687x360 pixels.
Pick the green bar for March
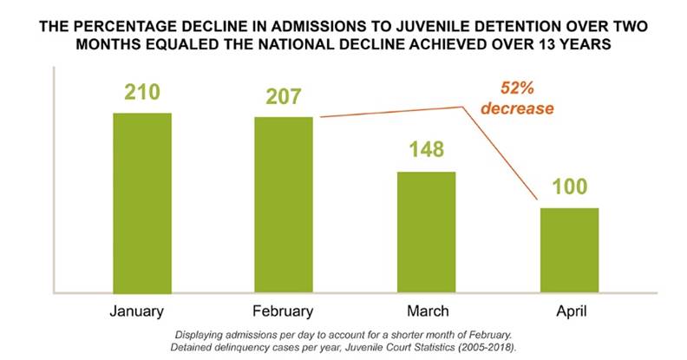[x=426, y=232]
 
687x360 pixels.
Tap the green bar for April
[x=569, y=250]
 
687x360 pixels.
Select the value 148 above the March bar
[x=426, y=150]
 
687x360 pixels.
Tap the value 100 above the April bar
[x=569, y=187]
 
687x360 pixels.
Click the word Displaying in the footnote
[x=203, y=334]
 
